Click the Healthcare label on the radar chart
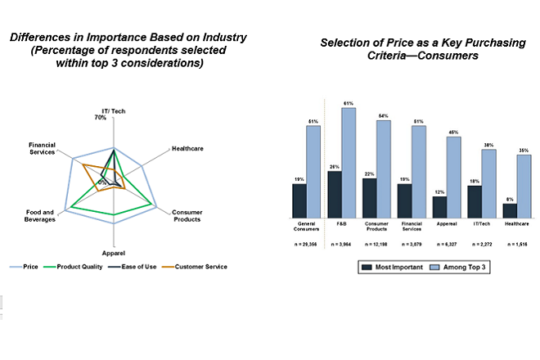[187, 148]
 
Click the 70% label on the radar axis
[101, 118]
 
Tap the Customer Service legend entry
[200, 266]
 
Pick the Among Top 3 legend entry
[465, 267]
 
